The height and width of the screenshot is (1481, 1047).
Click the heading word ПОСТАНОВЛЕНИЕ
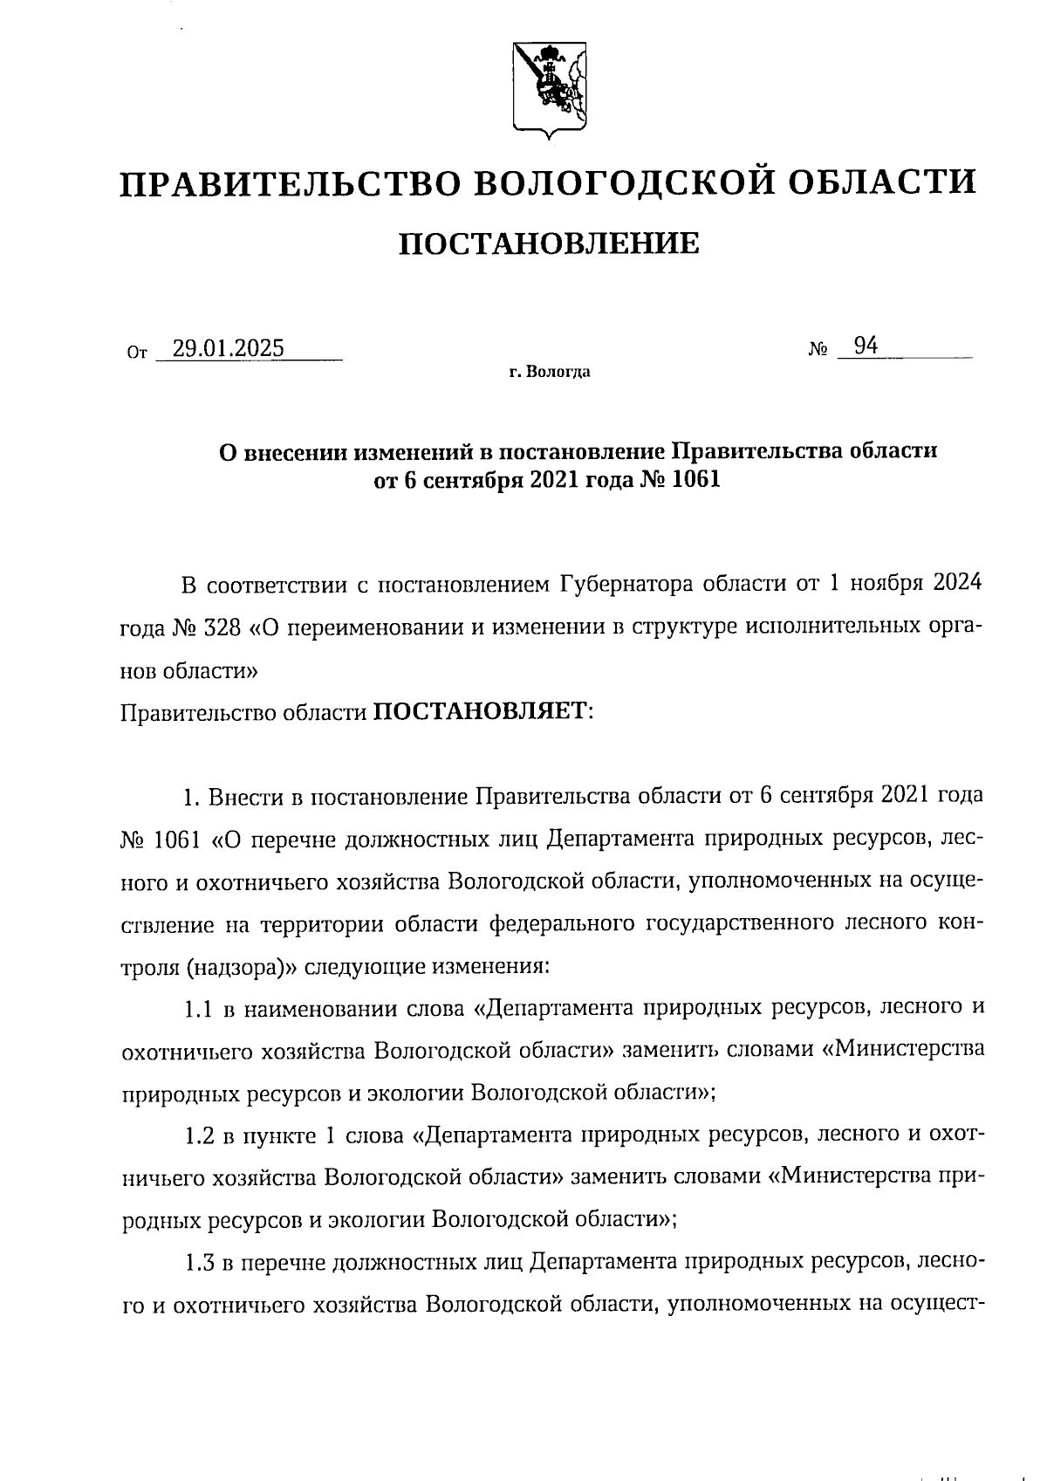click(549, 243)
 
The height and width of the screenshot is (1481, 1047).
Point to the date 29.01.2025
click(228, 348)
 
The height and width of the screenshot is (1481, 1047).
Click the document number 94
click(866, 346)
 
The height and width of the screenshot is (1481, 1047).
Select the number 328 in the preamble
click(216, 627)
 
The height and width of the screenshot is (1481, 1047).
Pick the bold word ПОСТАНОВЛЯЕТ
click(482, 712)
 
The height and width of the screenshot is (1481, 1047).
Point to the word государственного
click(738, 923)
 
